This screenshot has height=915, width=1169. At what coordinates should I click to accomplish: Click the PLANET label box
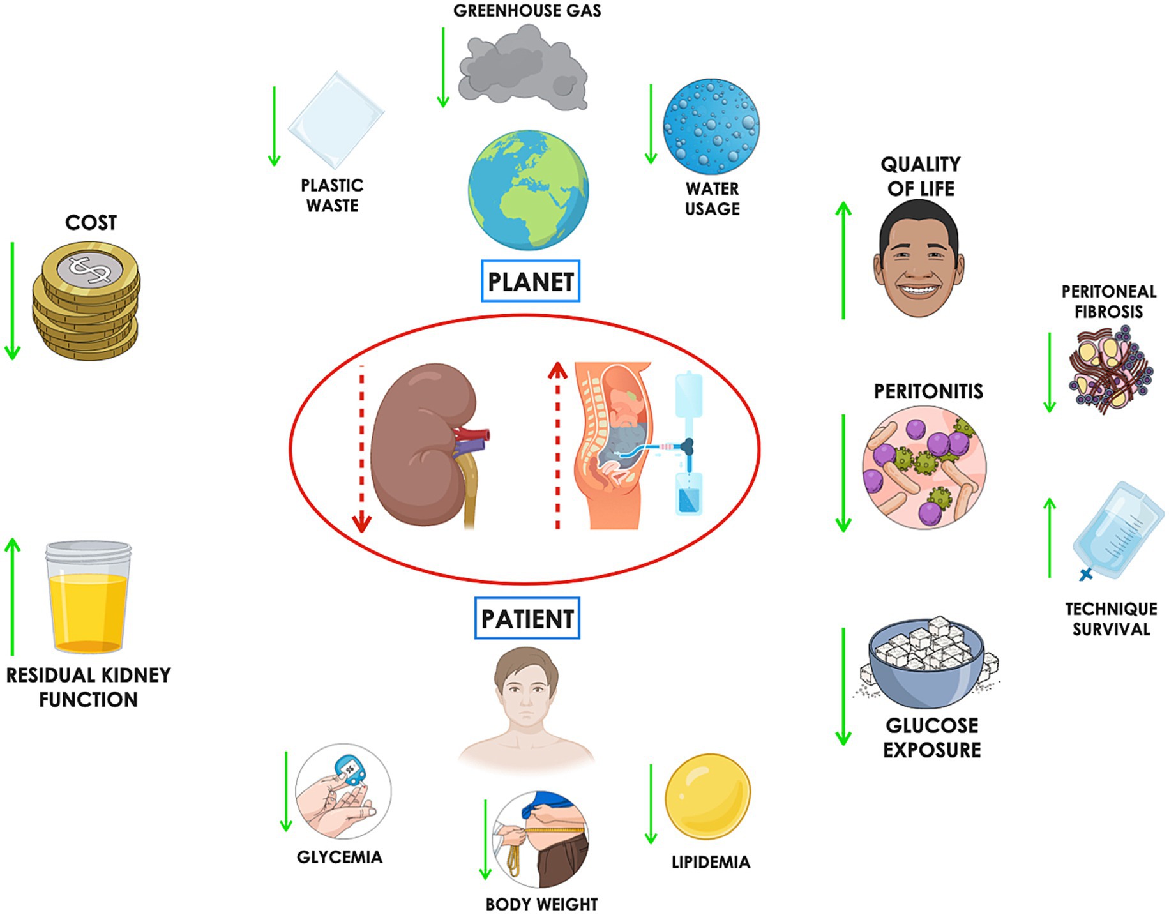pyautogui.click(x=530, y=281)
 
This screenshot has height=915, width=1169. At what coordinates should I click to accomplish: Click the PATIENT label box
pyautogui.click(x=527, y=618)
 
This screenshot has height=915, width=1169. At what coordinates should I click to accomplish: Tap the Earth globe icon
pyautogui.click(x=528, y=190)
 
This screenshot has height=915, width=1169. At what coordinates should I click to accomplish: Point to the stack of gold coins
pyautogui.click(x=86, y=300)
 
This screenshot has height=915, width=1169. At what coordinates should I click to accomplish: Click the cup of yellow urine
pyautogui.click(x=88, y=597)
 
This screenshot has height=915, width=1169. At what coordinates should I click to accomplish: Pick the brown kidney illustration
pyautogui.click(x=425, y=444)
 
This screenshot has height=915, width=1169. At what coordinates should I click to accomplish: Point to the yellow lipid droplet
pyautogui.click(x=707, y=796)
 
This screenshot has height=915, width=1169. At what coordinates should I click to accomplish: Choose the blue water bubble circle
pyautogui.click(x=711, y=126)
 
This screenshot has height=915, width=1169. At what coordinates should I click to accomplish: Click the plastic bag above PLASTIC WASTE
pyautogui.click(x=336, y=120)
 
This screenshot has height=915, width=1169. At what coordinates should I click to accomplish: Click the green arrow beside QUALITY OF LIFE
pyautogui.click(x=843, y=260)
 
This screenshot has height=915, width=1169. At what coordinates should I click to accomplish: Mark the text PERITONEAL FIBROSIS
pyautogui.click(x=1108, y=301)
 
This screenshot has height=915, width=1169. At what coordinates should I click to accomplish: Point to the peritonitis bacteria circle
pyautogui.click(x=923, y=467)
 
